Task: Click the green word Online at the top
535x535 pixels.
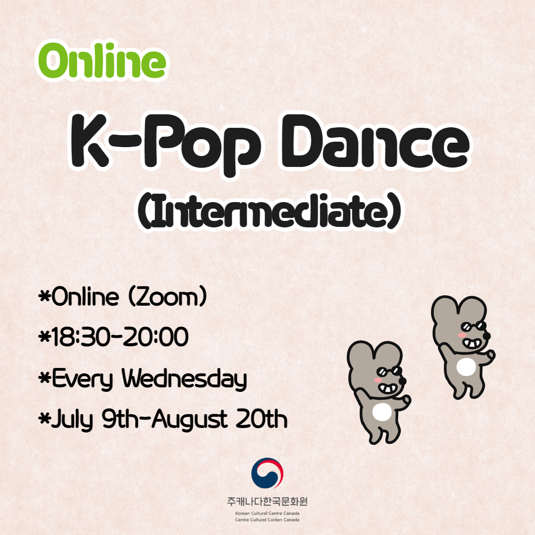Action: [102, 61]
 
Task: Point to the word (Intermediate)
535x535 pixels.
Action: [269, 211]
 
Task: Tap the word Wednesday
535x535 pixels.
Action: [184, 379]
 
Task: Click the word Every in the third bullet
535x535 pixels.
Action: [82, 379]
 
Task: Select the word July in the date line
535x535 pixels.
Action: [72, 420]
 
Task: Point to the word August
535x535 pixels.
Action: [190, 420]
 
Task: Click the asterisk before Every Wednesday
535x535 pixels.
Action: [45, 377]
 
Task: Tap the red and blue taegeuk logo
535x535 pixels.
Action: [267, 473]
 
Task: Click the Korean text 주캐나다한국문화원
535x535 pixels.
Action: [267, 501]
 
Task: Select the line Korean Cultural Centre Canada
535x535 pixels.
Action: [267, 513]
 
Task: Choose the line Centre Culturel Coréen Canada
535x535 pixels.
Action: [267, 520]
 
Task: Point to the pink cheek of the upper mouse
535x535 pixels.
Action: [462, 335]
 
